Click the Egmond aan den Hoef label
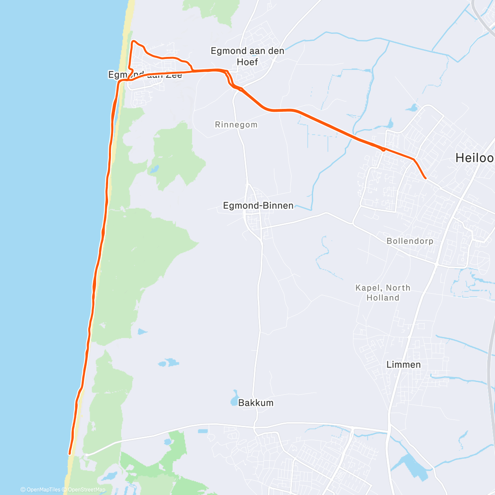tap(247, 56)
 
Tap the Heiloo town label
tap(474, 158)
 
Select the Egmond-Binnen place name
tap(258, 205)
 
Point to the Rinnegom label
tap(236, 125)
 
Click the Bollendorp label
tap(410, 241)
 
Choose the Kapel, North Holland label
tap(383, 293)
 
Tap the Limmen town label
tap(403, 365)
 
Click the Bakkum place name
tap(256, 403)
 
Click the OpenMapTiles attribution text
tap(40, 490)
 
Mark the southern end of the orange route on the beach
tap(70, 453)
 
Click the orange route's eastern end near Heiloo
tap(425, 178)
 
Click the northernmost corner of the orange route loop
tap(133, 41)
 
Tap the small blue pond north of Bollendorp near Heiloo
tap(411, 108)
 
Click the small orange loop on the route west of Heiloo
tap(383, 149)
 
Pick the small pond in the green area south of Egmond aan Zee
tap(154, 169)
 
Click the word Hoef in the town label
tap(247, 62)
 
